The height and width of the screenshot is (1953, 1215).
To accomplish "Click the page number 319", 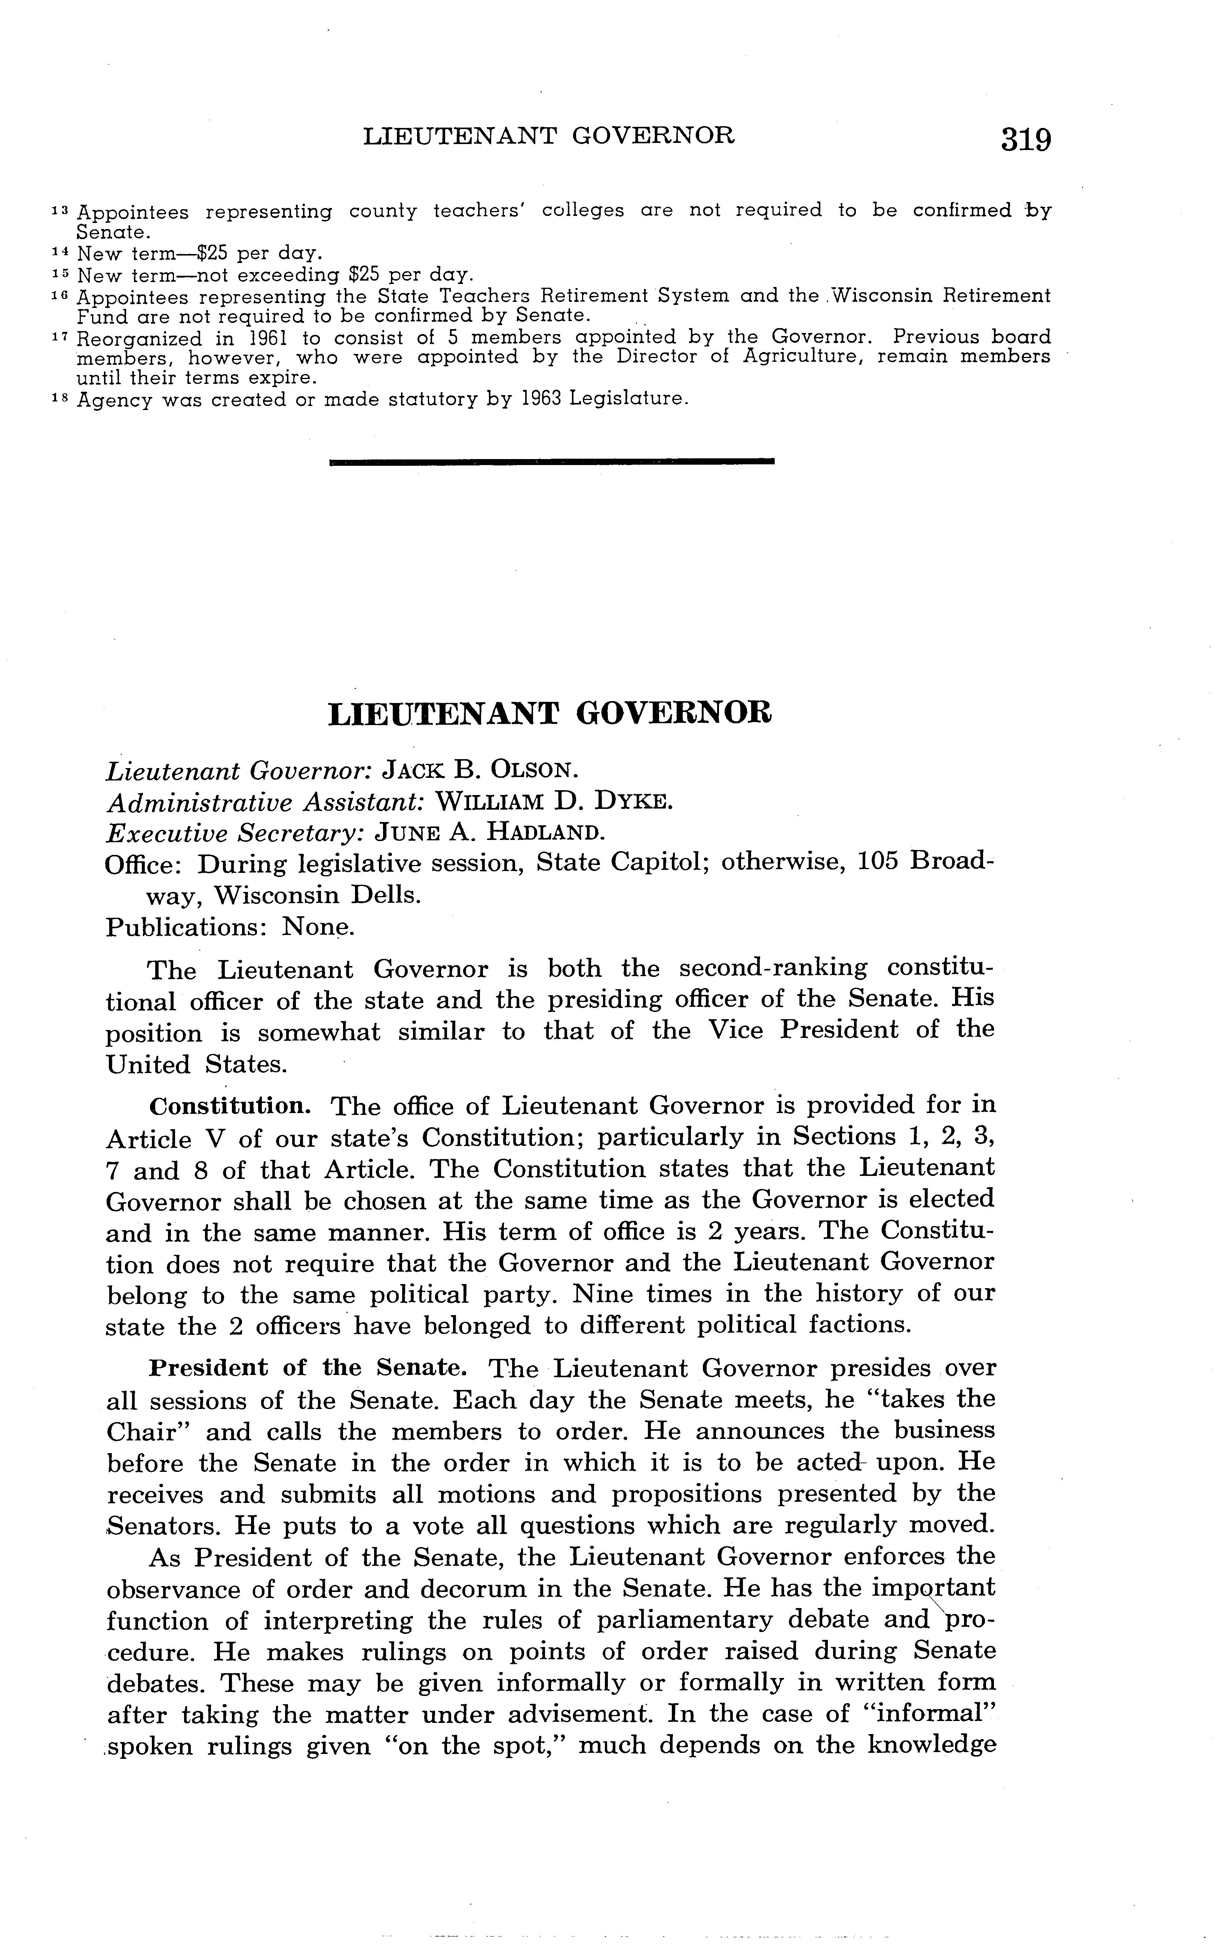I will [1025, 139].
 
